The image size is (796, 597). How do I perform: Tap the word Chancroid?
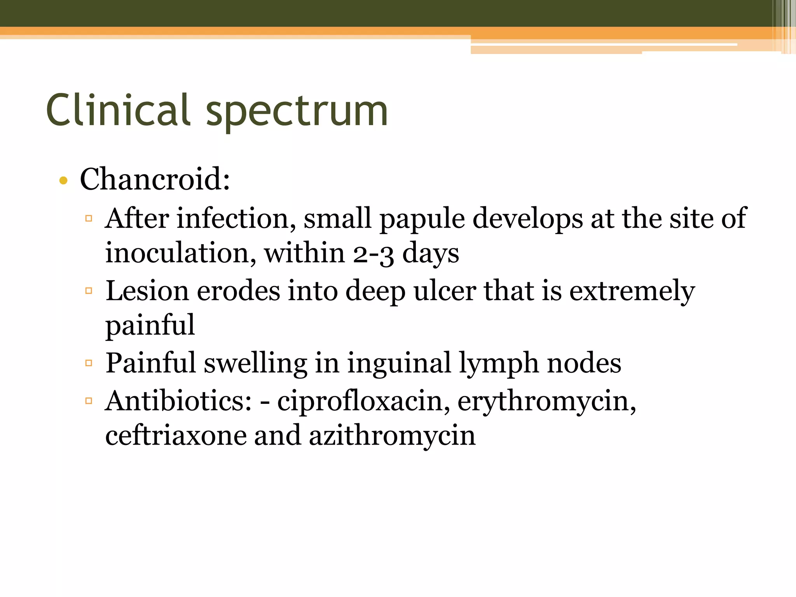[x=155, y=179]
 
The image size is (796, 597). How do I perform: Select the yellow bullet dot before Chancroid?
[x=63, y=180]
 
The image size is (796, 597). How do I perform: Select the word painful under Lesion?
[x=150, y=325]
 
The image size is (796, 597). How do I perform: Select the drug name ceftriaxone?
[x=176, y=435]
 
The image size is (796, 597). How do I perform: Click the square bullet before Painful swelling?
[x=89, y=363]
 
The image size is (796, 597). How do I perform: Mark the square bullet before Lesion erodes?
[x=89, y=290]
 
